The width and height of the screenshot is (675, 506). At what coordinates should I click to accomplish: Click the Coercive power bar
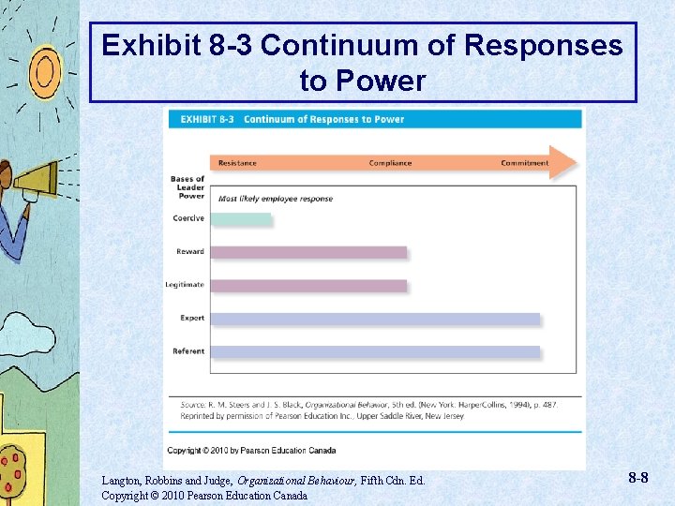pyautogui.click(x=241, y=219)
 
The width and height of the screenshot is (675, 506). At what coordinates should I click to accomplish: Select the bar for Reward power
pyautogui.click(x=308, y=252)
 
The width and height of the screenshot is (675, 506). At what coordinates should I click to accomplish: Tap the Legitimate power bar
pyautogui.click(x=308, y=285)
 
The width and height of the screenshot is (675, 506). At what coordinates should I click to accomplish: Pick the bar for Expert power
pyautogui.click(x=375, y=319)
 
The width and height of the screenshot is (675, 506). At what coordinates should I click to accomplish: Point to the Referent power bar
pyautogui.click(x=375, y=352)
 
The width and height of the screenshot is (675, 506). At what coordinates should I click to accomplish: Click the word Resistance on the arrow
pyautogui.click(x=237, y=163)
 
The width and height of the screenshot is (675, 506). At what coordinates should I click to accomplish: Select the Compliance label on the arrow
pyautogui.click(x=390, y=163)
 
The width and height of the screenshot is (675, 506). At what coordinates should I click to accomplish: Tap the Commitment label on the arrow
pyautogui.click(x=524, y=163)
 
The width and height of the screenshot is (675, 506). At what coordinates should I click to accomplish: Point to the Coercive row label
pyautogui.click(x=188, y=218)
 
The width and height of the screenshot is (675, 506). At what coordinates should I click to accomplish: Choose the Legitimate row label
pyautogui.click(x=185, y=285)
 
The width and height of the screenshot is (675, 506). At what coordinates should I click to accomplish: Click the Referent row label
pyautogui.click(x=188, y=351)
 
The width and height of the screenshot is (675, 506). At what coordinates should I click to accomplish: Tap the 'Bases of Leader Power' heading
pyautogui.click(x=187, y=187)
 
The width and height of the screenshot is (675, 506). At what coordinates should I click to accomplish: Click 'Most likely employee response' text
pyautogui.click(x=276, y=199)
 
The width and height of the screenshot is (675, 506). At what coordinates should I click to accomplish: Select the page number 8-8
pyautogui.click(x=638, y=478)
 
